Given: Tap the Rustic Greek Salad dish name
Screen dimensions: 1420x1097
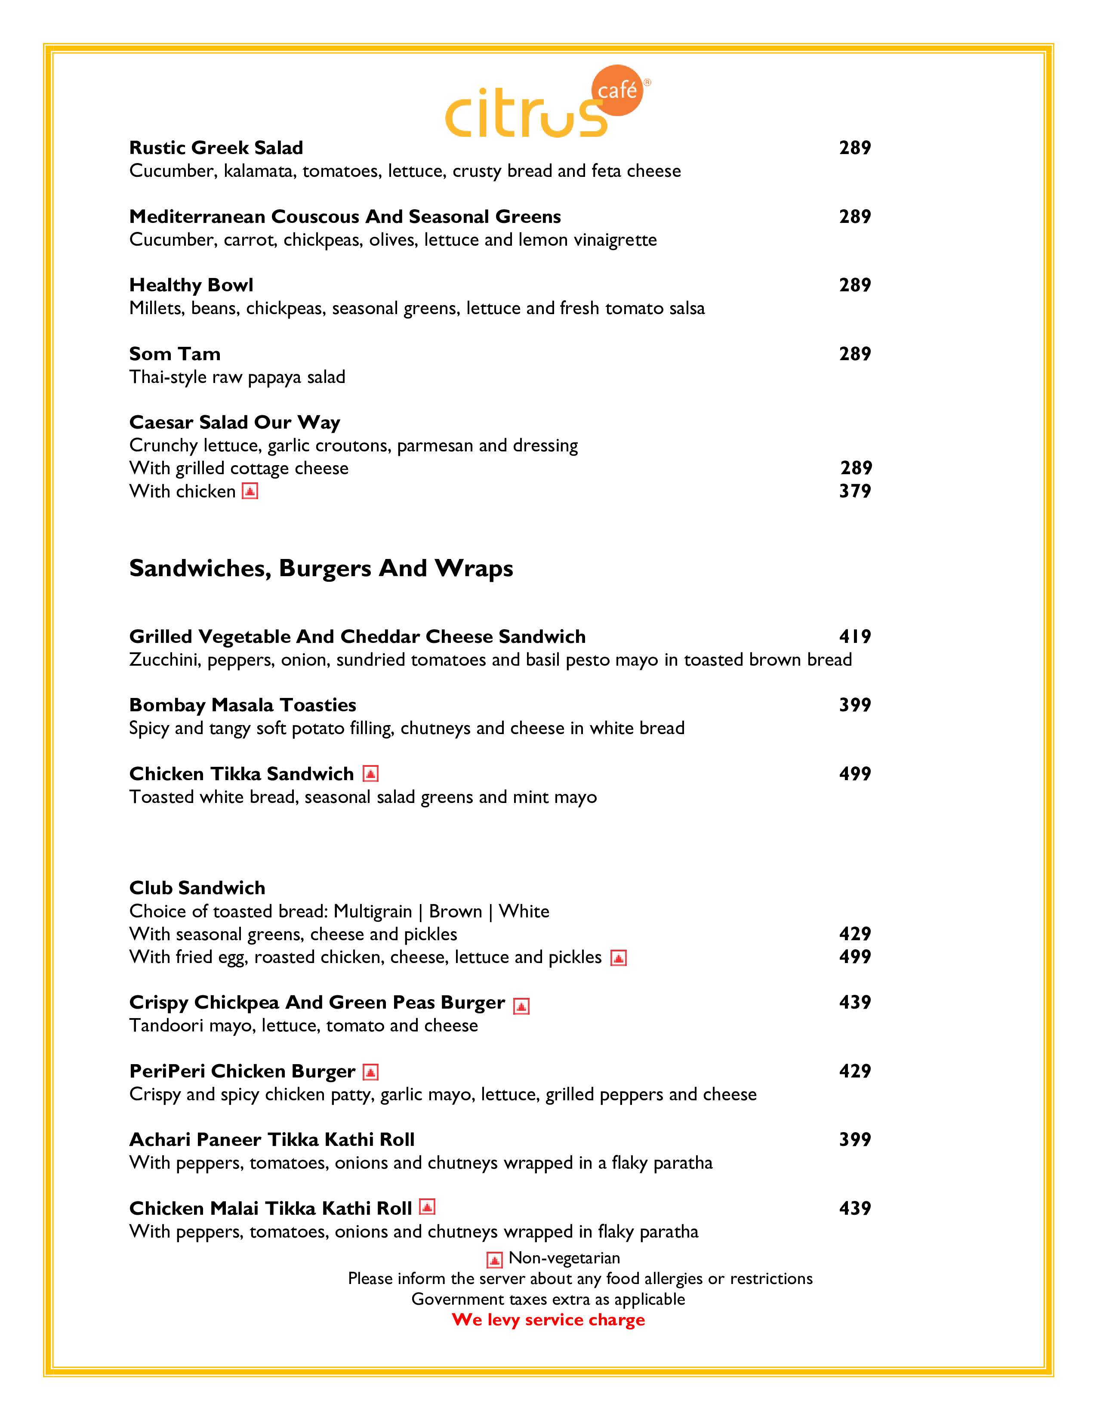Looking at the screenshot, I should [216, 148].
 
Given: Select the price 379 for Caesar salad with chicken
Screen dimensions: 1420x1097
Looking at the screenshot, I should [855, 491].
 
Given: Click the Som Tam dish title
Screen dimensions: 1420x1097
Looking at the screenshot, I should [175, 354].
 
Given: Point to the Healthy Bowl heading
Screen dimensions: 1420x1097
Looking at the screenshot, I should [191, 285].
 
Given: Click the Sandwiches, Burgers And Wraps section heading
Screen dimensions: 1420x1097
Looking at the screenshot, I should [321, 568].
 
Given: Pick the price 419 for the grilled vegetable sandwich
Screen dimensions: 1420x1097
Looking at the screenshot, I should [855, 636].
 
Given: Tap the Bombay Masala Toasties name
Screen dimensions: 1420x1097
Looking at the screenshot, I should [242, 705].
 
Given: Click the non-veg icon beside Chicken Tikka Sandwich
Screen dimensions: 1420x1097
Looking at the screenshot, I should [370, 774].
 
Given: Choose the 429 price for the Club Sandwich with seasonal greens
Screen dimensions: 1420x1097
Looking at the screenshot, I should [855, 934].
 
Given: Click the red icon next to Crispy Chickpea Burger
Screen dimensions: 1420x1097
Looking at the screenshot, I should [521, 1006].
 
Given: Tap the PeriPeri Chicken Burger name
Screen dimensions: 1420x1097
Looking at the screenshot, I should [242, 1071].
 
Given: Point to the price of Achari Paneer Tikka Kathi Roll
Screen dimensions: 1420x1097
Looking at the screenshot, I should [855, 1139].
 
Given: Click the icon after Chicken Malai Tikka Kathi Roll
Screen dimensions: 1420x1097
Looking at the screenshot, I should [427, 1207].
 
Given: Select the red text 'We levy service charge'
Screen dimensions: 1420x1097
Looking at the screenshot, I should [548, 1319].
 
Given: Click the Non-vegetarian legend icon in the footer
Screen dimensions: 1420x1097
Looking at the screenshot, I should [495, 1260].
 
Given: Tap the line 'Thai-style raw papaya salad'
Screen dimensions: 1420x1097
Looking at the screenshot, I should [237, 377].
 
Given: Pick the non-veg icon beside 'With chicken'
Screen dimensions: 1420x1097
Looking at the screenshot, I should [250, 491].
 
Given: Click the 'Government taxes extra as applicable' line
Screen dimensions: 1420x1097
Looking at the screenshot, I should [548, 1299].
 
